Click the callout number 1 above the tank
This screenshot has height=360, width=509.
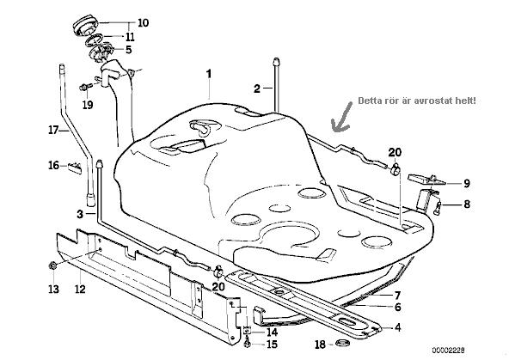click(209, 74)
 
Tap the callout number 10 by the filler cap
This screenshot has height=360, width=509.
click(143, 23)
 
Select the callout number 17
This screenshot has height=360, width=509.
click(53, 131)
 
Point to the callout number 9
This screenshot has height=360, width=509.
click(467, 184)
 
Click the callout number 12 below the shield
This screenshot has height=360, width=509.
click(80, 289)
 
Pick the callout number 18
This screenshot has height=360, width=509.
click(320, 345)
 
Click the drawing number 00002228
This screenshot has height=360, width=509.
click(448, 351)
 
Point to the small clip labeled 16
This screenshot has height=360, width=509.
click(75, 168)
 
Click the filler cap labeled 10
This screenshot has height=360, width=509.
click(85, 26)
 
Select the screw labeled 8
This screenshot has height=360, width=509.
click(438, 207)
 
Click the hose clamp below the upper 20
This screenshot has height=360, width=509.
click(396, 169)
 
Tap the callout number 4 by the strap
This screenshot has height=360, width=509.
click(397, 327)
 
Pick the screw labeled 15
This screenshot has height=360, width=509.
click(248, 342)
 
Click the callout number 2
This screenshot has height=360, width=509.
click(257, 88)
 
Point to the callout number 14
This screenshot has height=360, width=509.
click(272, 332)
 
